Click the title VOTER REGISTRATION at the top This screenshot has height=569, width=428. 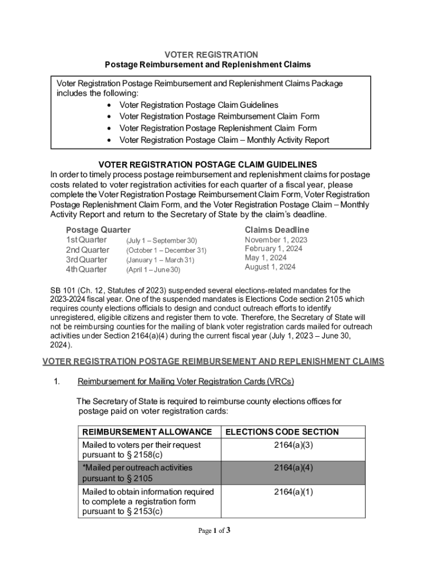point(211,54)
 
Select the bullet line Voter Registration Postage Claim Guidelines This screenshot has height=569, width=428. point(199,105)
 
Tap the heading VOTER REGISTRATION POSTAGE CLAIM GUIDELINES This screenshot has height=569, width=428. point(207,164)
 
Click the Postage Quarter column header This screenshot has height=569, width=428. point(98,230)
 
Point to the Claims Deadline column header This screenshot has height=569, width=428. point(277,230)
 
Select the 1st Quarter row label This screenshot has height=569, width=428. point(86,240)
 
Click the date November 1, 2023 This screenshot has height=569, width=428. point(276,240)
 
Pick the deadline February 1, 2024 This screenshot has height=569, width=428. point(273,249)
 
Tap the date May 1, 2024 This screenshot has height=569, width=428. point(266,258)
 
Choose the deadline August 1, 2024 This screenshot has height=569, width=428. point(270,267)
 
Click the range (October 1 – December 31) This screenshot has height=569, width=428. point(166,251)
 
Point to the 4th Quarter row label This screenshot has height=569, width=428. point(86,269)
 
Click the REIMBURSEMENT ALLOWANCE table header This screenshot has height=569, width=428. point(147,432)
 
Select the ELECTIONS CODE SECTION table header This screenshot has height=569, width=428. point(282,432)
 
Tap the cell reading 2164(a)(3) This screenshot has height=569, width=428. point(293,445)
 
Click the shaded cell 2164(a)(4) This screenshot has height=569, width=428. point(293,468)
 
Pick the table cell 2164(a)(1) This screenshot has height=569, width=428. point(293,492)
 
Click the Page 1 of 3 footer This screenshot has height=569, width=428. point(214,531)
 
